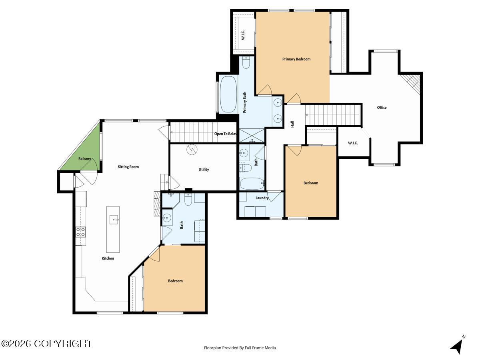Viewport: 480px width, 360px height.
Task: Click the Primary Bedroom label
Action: coord(296,59)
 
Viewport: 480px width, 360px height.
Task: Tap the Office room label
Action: coord(382,107)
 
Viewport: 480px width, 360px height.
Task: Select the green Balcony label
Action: coord(84,159)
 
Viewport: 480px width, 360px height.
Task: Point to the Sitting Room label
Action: coord(128,167)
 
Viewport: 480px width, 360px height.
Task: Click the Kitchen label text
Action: coord(108,258)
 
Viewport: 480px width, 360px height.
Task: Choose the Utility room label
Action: coord(204,169)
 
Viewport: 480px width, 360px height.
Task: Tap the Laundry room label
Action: coord(262,198)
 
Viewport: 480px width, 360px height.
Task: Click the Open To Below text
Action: coord(226,134)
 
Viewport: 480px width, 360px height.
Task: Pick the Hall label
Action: coord(292,124)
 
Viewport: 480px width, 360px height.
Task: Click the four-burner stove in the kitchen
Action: coord(81,232)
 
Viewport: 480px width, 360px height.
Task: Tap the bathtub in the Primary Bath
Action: coord(228,94)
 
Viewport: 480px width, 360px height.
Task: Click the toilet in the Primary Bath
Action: coord(246,63)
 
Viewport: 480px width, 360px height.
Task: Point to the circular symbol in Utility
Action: coord(192,150)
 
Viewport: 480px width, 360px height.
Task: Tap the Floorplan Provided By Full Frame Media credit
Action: coord(240,348)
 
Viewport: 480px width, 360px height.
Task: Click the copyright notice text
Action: coord(46,344)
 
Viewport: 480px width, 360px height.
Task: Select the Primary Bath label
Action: coord(244,102)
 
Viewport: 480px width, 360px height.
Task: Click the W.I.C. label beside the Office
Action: coord(353,143)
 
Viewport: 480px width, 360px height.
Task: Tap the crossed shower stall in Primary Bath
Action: coord(252,136)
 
